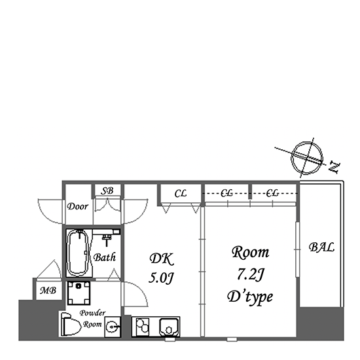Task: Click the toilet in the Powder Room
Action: click(x=71, y=324)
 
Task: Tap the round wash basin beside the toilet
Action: click(x=113, y=327)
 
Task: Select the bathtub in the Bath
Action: click(x=79, y=253)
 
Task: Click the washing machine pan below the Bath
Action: click(x=79, y=293)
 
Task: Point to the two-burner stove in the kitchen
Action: click(x=142, y=326)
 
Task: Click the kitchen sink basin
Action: click(x=169, y=326)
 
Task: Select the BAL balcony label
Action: click(x=321, y=247)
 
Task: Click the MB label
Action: click(x=48, y=291)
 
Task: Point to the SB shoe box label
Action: click(x=107, y=190)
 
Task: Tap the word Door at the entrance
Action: click(x=78, y=206)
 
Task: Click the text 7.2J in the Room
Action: click(x=250, y=274)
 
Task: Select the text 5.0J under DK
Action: click(x=161, y=278)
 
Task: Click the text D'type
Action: click(x=250, y=297)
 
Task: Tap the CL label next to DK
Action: click(x=181, y=194)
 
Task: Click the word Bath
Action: click(x=105, y=257)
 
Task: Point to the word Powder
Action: click(x=92, y=313)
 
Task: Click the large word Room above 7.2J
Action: click(x=250, y=252)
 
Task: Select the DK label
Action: click(x=162, y=259)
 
